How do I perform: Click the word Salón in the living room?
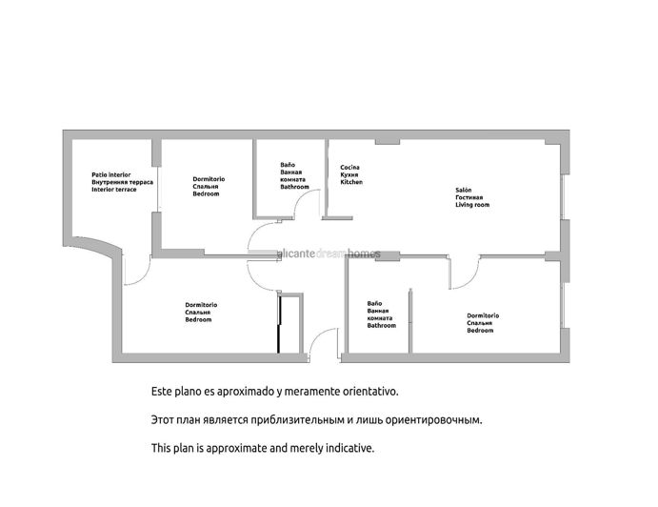pyautogui.click(x=464, y=191)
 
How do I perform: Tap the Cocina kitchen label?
pyautogui.click(x=349, y=167)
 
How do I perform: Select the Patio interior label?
pyautogui.click(x=111, y=174)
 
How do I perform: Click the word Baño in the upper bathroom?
pyautogui.click(x=288, y=165)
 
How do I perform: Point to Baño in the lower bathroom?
pyautogui.click(x=374, y=303)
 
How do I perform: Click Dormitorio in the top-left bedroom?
pyautogui.click(x=209, y=179)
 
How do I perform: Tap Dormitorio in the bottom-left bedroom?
pyautogui.click(x=201, y=305)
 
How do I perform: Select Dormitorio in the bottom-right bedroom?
pyautogui.click(x=483, y=315)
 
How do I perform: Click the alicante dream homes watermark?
pyautogui.click(x=329, y=253)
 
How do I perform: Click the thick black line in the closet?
pyautogui.click(x=278, y=324)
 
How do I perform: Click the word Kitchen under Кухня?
pyautogui.click(x=351, y=182)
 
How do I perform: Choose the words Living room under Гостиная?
pyautogui.click(x=472, y=205)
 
